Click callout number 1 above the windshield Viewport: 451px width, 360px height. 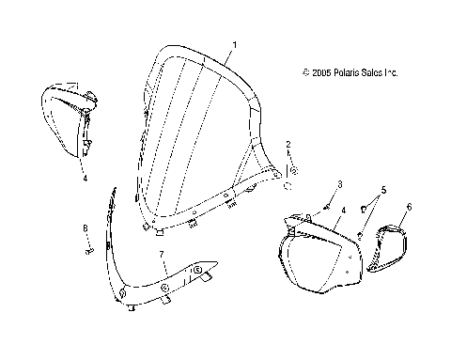(x=234, y=44)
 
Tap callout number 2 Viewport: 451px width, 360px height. (x=289, y=144)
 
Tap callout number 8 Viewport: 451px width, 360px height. (x=84, y=228)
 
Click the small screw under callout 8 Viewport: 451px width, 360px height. (x=87, y=250)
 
